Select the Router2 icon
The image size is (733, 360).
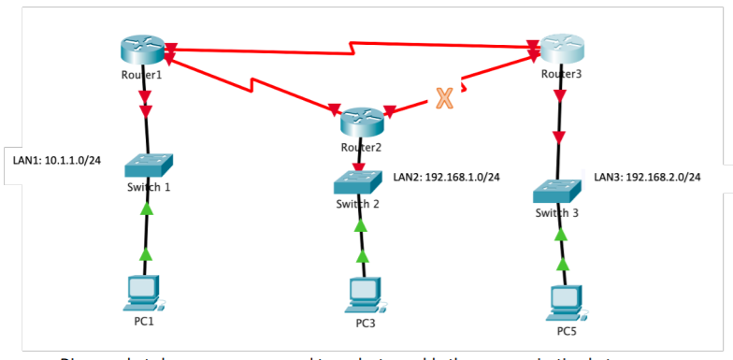tap(362, 120)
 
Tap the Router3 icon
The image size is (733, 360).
tap(561, 49)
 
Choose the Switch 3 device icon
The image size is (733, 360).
tap(558, 191)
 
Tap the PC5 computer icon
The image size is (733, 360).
tap(564, 301)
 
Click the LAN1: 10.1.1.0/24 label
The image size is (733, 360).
tap(56, 160)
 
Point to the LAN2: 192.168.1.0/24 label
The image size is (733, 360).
tap(446, 176)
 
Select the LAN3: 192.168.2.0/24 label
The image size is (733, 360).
tap(647, 176)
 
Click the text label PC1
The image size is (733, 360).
tap(142, 322)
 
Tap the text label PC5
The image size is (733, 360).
tap(564, 329)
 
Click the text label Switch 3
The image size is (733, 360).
tap(557, 213)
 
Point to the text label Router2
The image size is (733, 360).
tap(361, 146)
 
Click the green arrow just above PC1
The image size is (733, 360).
tap(145, 254)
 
